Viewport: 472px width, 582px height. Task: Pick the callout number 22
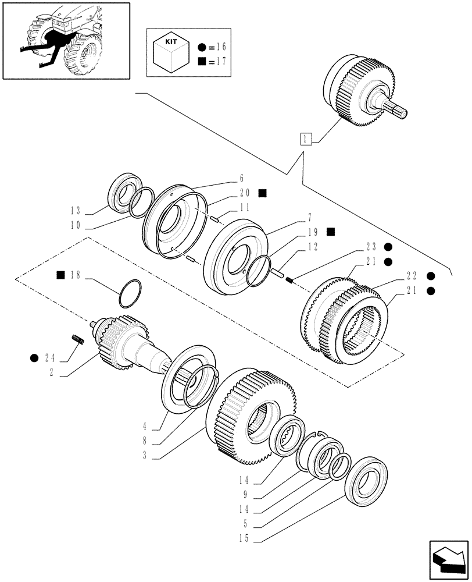click(x=412, y=275)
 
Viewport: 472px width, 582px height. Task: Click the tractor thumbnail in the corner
click(x=66, y=40)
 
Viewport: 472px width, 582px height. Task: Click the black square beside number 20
click(x=263, y=193)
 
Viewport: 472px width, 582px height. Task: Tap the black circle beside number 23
click(x=387, y=246)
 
